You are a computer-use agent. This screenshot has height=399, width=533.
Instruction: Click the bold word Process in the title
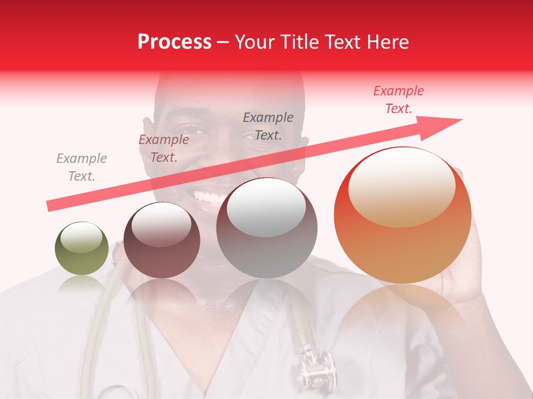174,42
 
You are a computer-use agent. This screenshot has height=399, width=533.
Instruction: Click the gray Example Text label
82,167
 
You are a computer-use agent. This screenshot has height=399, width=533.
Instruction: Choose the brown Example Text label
164,149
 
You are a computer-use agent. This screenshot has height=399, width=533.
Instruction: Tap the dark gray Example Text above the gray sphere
268,126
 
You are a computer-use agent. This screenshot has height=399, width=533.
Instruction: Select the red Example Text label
399,100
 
